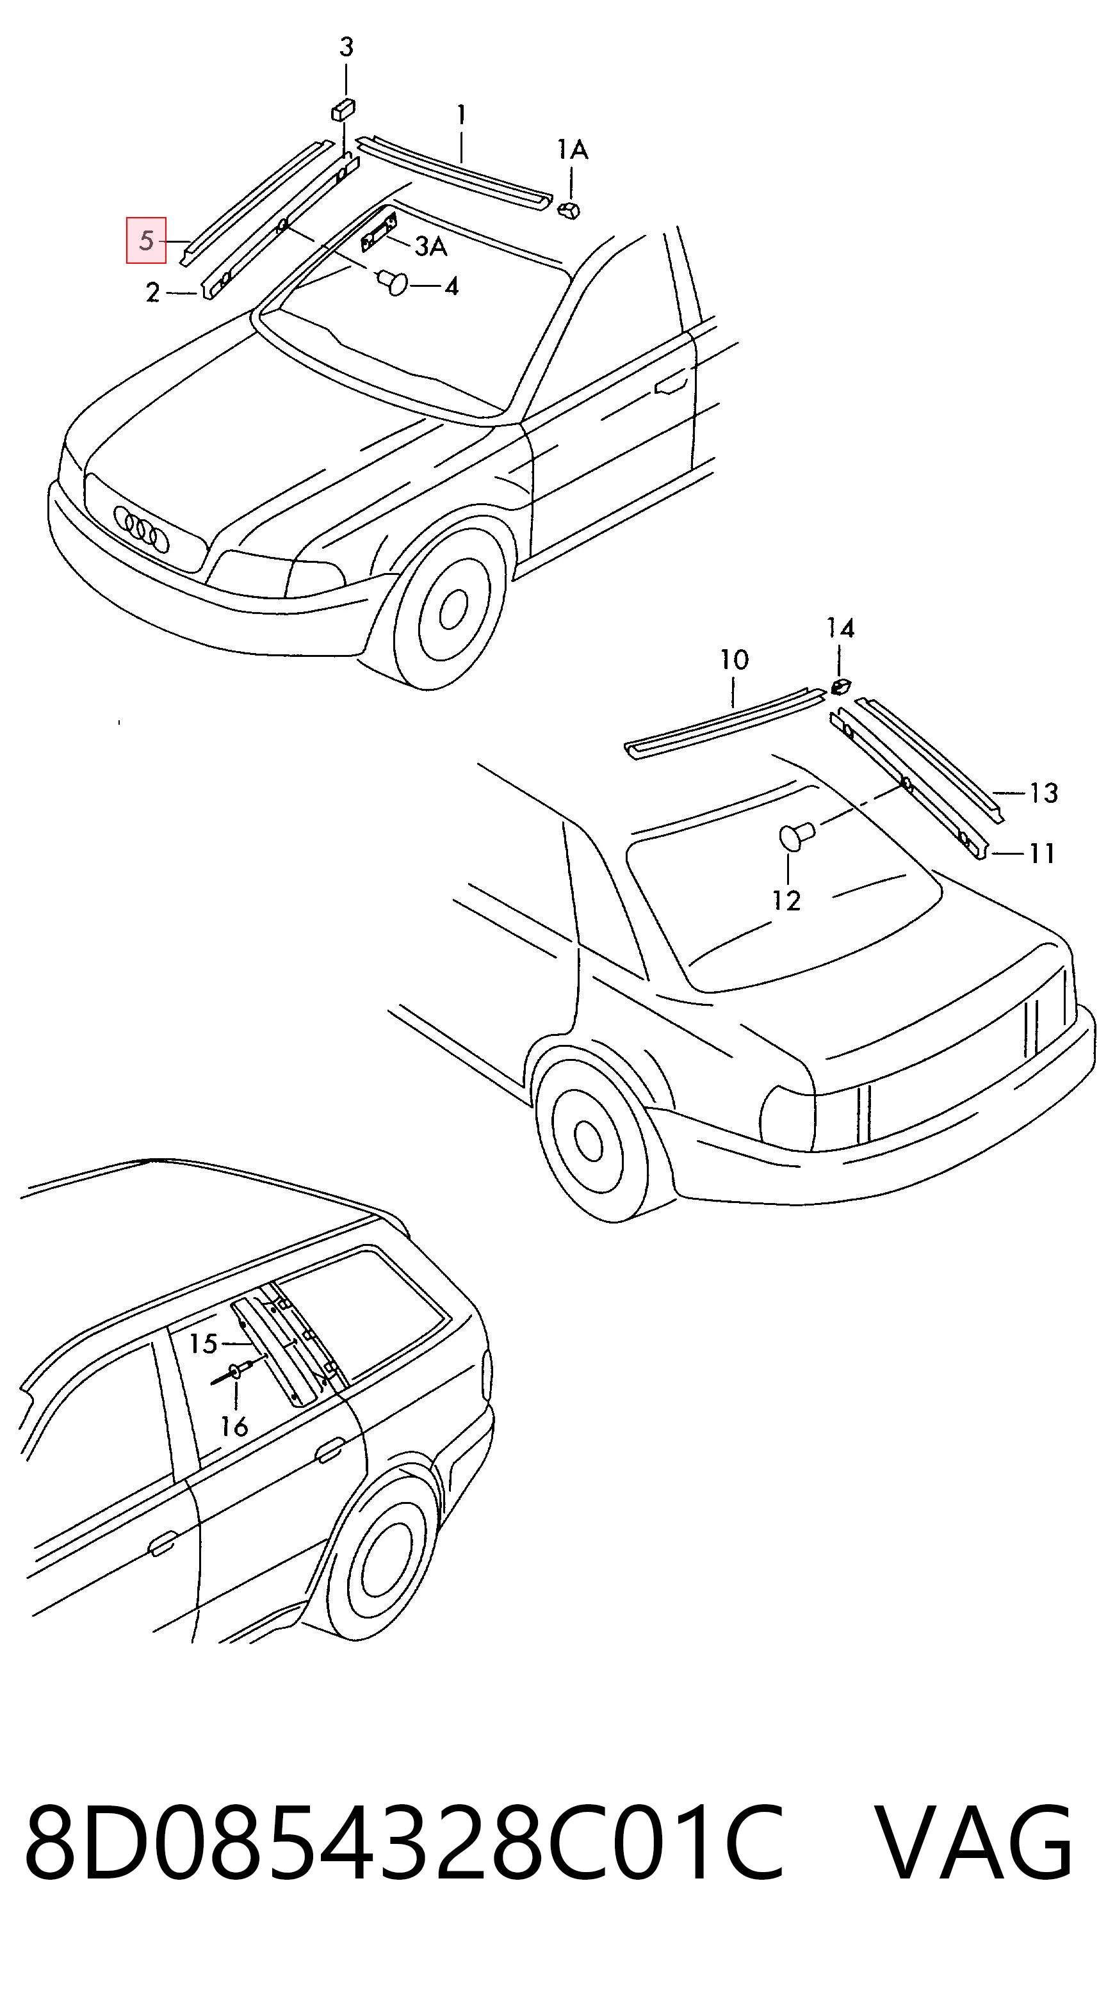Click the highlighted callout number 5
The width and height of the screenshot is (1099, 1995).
pos(147,241)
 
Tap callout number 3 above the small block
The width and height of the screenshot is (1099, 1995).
pos(346,47)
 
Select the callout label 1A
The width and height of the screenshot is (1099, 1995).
pos(573,149)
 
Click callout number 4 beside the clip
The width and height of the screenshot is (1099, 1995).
pos(452,287)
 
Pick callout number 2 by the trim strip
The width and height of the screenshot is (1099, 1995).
pos(152,293)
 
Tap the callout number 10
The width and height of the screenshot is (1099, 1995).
pos(734,660)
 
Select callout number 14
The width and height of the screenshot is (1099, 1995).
pos(840,627)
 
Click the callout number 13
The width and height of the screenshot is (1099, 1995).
pos(1043,793)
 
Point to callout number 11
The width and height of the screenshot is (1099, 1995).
pos(1042,853)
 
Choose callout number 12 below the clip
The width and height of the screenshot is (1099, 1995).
pos(786,900)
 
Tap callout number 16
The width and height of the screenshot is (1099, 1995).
pos(234,1426)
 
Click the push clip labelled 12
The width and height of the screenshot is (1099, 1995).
pos(795,836)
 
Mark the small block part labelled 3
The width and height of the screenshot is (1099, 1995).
pos(343,109)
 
